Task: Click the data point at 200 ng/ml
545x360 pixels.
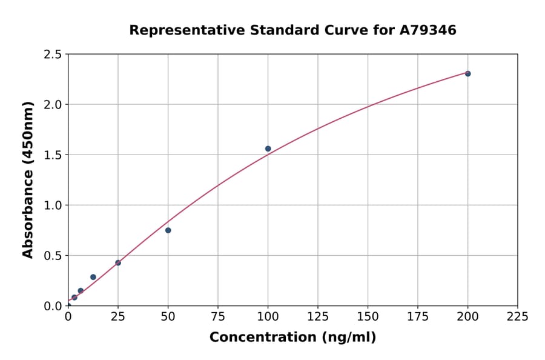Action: point(467,73)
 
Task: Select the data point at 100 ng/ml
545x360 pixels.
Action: point(268,148)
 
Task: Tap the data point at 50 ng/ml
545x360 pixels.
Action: point(168,230)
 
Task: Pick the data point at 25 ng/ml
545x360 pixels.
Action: point(118,262)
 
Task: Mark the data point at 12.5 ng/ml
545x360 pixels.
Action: point(93,277)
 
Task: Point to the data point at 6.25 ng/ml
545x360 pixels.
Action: point(81,290)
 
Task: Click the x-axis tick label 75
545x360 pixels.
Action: point(218,316)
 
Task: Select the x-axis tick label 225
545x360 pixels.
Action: point(518,316)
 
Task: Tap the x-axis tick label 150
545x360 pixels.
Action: point(368,316)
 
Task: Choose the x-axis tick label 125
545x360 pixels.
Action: point(318,316)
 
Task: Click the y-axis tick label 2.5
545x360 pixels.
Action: point(53,55)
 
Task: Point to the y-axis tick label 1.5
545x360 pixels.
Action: point(53,155)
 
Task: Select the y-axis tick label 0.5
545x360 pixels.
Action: point(53,256)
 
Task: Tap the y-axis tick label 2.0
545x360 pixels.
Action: point(53,105)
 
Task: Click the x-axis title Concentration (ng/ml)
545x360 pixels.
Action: point(292,338)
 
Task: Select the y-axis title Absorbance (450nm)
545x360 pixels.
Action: point(28,180)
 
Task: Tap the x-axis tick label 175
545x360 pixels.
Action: point(418,316)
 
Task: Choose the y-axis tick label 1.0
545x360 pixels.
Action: point(53,205)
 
